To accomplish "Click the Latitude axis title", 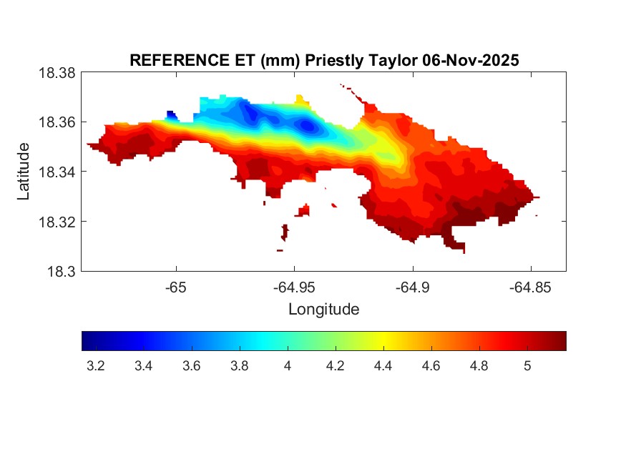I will click(24, 172).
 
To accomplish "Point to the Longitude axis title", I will click(323, 310).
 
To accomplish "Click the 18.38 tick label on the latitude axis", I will click(57, 73).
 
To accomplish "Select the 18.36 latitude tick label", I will click(57, 122).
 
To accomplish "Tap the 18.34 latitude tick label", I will click(57, 172).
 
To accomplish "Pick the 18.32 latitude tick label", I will click(57, 222).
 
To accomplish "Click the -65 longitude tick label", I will click(176, 287).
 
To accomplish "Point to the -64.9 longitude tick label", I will click(412, 287).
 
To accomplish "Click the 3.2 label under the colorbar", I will click(95, 366).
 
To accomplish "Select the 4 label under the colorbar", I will click(288, 366).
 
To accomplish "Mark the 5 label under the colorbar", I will click(527, 366).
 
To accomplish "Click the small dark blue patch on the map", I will click(171, 114).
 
